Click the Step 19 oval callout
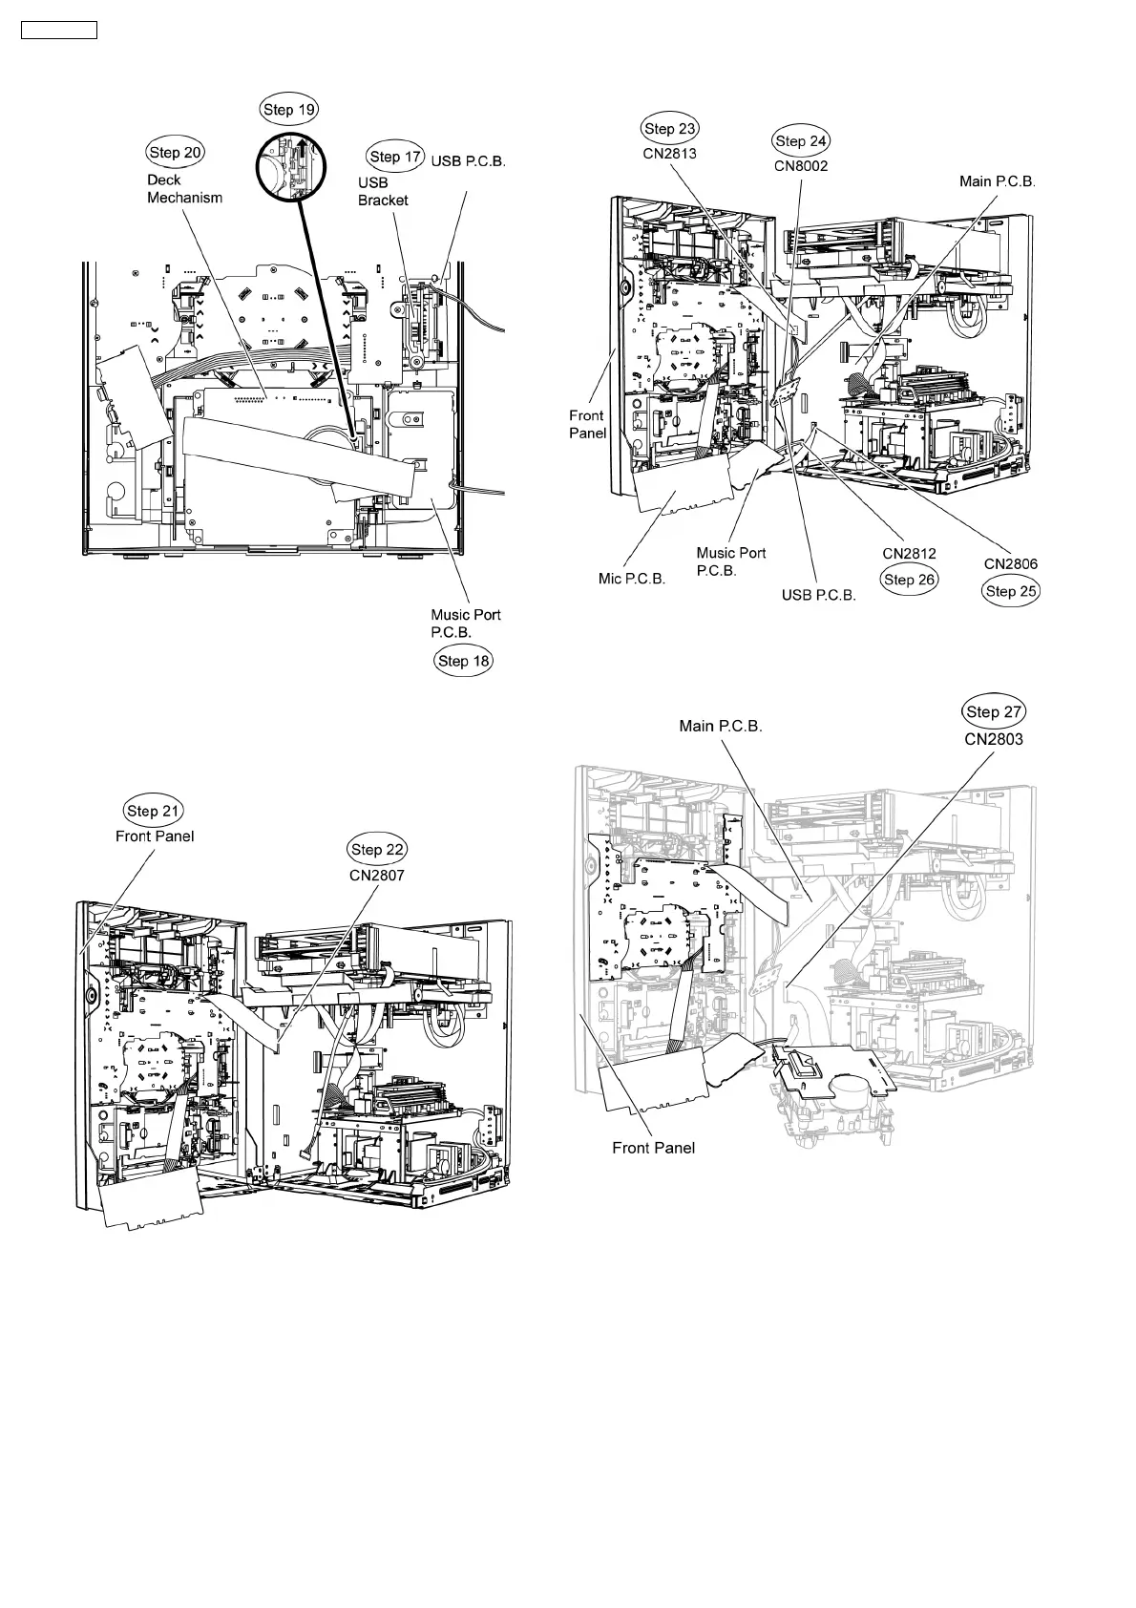click(289, 110)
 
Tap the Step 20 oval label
click(176, 152)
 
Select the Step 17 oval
click(394, 157)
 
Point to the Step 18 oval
click(464, 661)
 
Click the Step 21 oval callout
click(154, 811)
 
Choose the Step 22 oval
click(378, 849)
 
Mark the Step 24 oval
click(801, 141)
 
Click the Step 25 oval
click(1011, 591)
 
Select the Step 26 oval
click(910, 579)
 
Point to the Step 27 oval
click(994, 711)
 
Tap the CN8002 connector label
click(801, 165)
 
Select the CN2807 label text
click(378, 874)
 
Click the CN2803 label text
click(994, 737)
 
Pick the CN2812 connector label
click(909, 554)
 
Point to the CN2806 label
click(1011, 564)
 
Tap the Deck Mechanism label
click(184, 189)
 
